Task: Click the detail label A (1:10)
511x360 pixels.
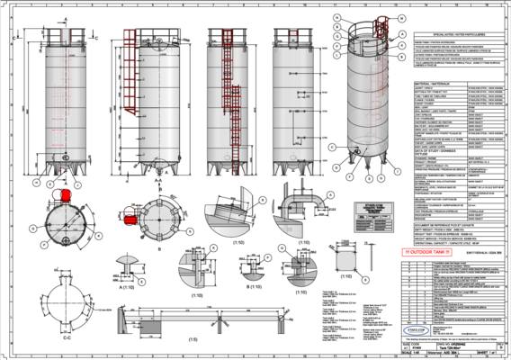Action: (130, 292)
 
